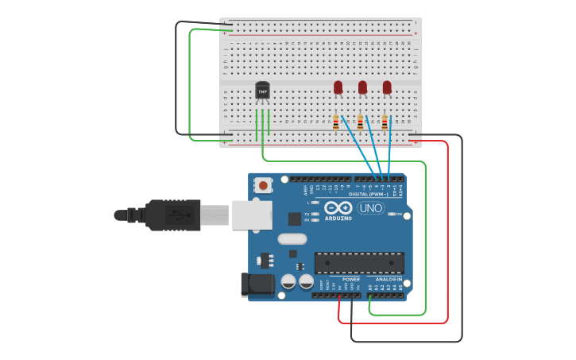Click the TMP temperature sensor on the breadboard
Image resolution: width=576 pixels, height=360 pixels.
click(x=262, y=91)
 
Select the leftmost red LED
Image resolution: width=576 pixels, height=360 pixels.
click(x=338, y=87)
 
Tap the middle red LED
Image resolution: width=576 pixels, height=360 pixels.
click(x=362, y=87)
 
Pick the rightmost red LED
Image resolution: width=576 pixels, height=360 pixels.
click(x=387, y=87)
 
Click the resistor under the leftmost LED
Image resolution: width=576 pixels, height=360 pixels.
click(x=336, y=122)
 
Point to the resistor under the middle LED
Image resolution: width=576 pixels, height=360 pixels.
click(x=361, y=122)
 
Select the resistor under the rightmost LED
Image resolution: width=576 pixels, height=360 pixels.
click(x=385, y=122)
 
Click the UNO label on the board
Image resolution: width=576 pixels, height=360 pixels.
click(x=370, y=208)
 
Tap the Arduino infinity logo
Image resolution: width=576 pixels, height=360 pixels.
click(x=337, y=208)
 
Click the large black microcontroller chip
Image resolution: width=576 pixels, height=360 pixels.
click(x=359, y=263)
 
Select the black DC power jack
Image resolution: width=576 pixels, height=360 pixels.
click(x=256, y=285)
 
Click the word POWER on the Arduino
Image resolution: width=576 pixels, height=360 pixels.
click(x=350, y=280)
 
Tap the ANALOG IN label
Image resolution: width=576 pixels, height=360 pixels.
click(x=389, y=280)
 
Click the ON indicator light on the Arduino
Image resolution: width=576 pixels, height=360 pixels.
click(x=390, y=214)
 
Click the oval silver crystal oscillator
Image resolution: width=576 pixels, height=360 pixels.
click(x=292, y=238)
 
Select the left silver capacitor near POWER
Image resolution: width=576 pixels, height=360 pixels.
click(x=288, y=281)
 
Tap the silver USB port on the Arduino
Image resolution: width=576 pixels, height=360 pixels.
click(x=252, y=215)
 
